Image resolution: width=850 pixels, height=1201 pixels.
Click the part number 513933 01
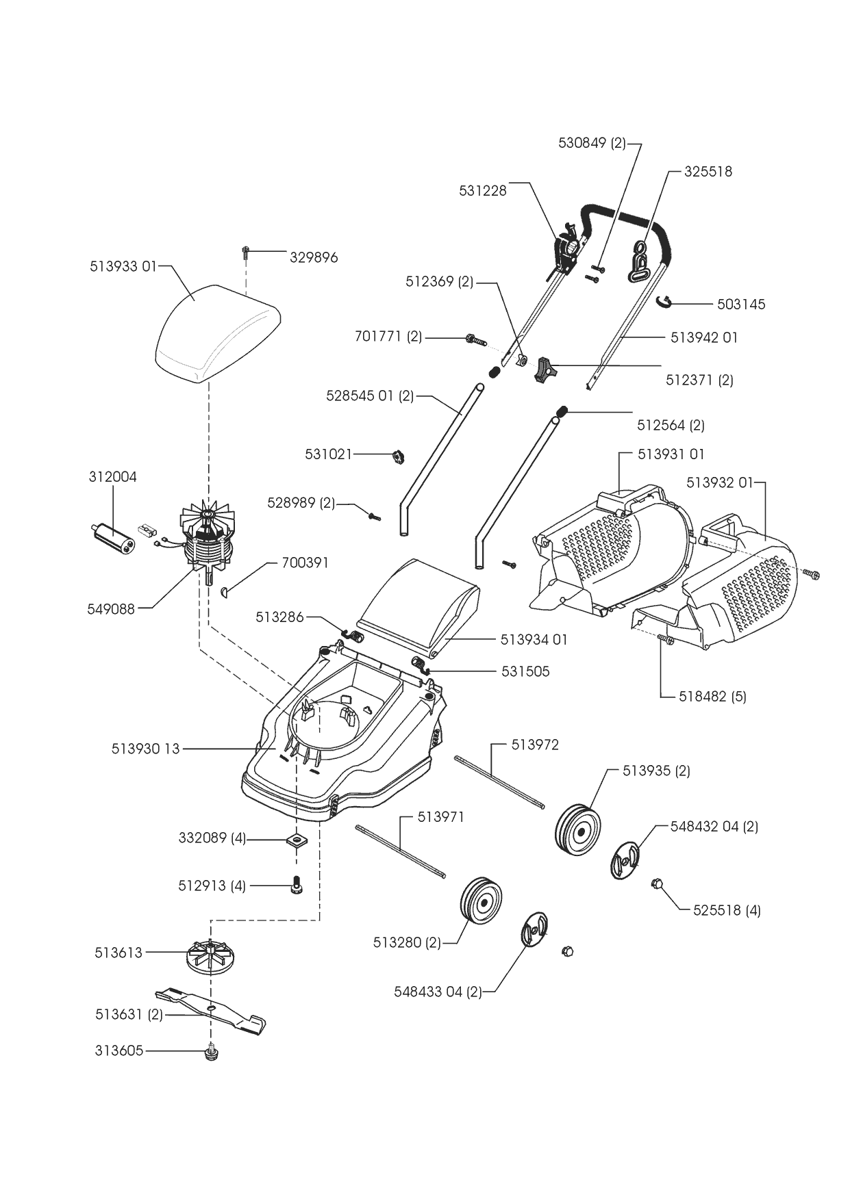click(x=123, y=266)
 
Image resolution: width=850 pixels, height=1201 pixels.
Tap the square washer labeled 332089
click(x=297, y=839)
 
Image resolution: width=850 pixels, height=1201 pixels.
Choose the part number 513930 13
click(x=145, y=749)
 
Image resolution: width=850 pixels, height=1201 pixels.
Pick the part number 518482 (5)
click(x=712, y=697)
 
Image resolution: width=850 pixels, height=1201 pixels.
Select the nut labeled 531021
click(x=396, y=456)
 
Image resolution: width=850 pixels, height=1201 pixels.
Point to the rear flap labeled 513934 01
click(x=419, y=599)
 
